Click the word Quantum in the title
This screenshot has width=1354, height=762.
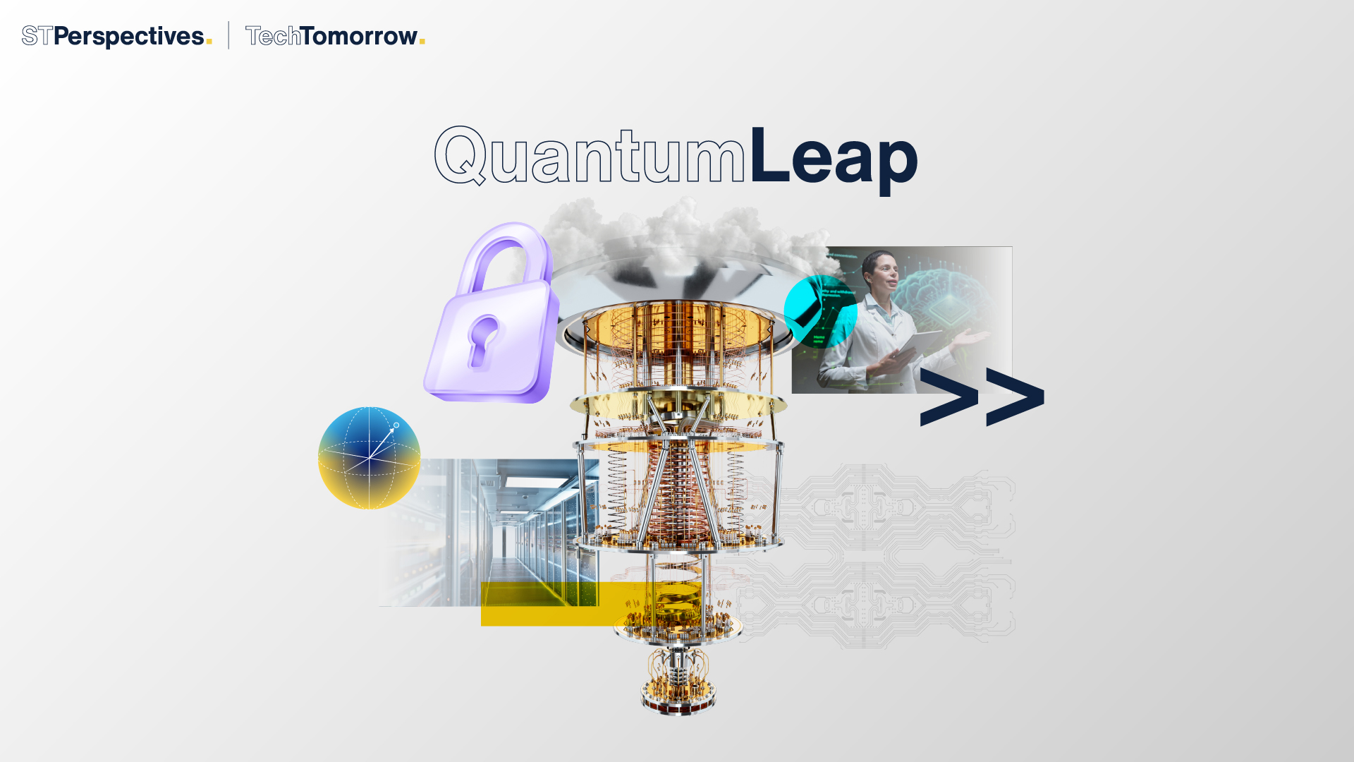pos(590,157)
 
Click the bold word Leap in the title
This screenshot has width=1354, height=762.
pos(833,157)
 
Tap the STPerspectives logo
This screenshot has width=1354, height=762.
pos(113,36)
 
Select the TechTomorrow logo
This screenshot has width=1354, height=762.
pos(331,36)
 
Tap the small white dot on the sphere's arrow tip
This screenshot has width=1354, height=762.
pos(396,425)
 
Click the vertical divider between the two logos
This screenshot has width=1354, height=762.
pos(228,35)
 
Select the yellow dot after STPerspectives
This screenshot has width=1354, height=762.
pos(209,42)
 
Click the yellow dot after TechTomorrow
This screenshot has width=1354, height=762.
pos(422,42)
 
